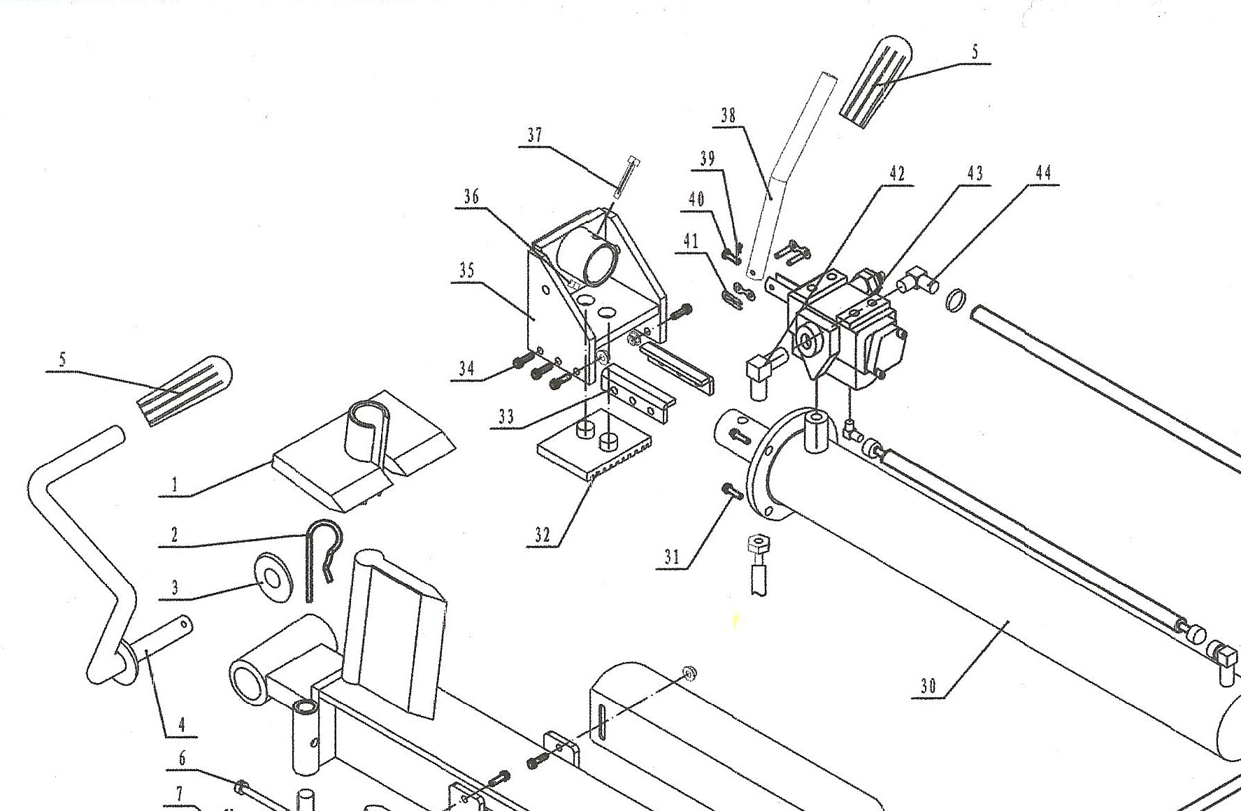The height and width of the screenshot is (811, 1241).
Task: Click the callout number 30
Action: point(928,687)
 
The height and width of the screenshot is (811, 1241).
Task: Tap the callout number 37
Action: point(535,135)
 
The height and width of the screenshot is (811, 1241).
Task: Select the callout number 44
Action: point(1043,173)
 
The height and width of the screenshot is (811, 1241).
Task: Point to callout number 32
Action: point(543,536)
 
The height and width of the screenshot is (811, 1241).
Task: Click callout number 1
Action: point(174,484)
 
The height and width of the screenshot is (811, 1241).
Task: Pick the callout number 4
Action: point(182,724)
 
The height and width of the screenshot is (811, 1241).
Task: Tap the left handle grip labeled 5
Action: point(183,391)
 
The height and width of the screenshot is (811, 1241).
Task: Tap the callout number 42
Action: point(896,173)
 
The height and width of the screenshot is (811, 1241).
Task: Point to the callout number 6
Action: point(182,759)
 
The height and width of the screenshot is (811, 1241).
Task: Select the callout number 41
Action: point(691,242)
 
